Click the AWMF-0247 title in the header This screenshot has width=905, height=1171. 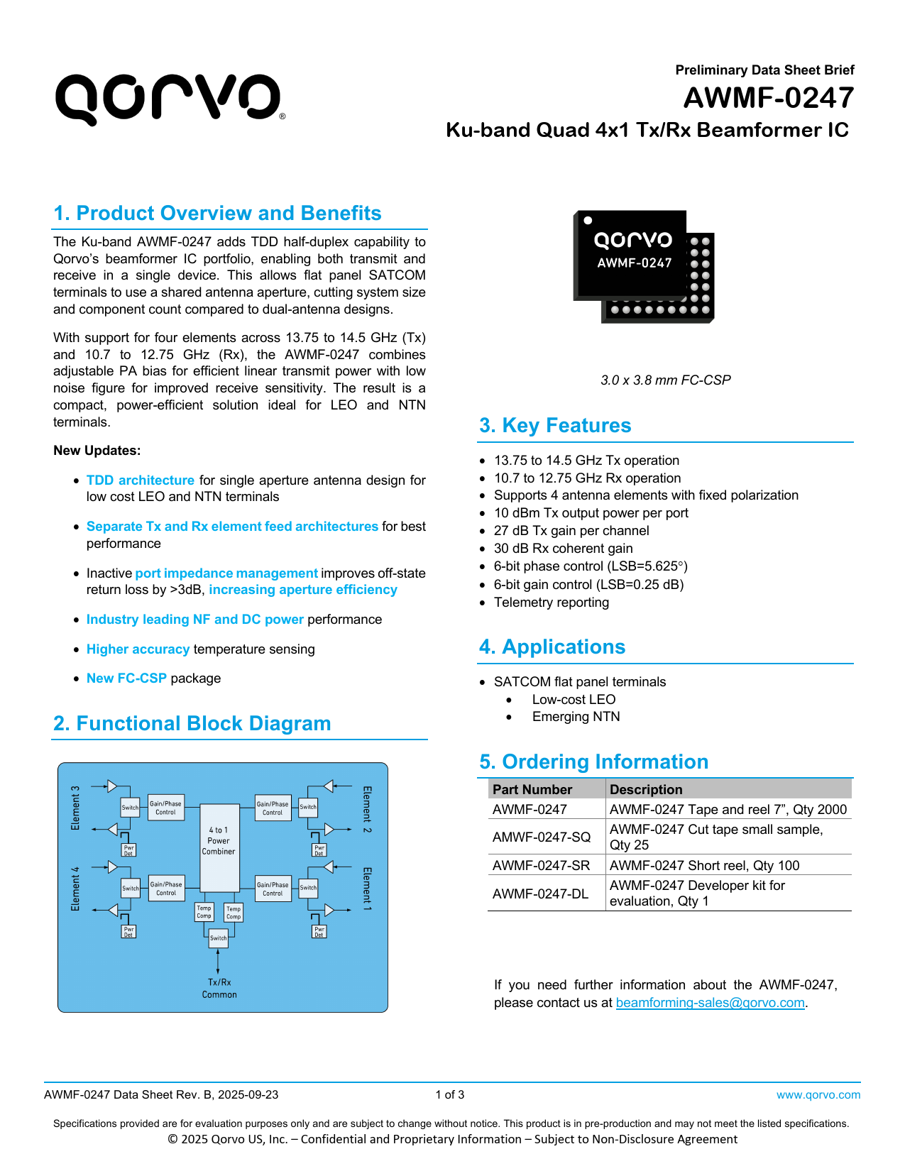coord(768,98)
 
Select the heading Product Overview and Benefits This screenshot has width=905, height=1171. coord(217,213)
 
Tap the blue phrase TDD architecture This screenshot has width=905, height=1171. coord(140,480)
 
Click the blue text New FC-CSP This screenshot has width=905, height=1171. coord(126,678)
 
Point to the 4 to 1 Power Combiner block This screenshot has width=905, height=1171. coord(219,841)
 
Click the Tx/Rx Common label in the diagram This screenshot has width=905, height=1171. coord(219,989)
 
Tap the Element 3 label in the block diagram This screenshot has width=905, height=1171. coord(76,808)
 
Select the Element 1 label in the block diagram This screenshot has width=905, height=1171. coord(367,889)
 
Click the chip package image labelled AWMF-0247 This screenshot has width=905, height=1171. coord(642,266)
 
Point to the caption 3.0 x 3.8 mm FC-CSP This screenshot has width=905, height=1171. coord(665,380)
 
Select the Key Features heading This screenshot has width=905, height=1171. coord(555,425)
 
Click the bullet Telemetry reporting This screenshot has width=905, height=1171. coord(552,603)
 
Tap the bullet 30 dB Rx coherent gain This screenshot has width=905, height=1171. coord(563,549)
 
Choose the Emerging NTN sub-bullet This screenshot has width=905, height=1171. coord(576,717)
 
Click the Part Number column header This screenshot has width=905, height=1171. coord(532,789)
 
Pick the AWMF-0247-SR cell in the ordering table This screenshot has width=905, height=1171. coord(541,865)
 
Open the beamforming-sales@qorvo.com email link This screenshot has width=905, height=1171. coord(710,1003)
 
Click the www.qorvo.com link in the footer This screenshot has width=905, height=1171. coord(818,1095)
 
